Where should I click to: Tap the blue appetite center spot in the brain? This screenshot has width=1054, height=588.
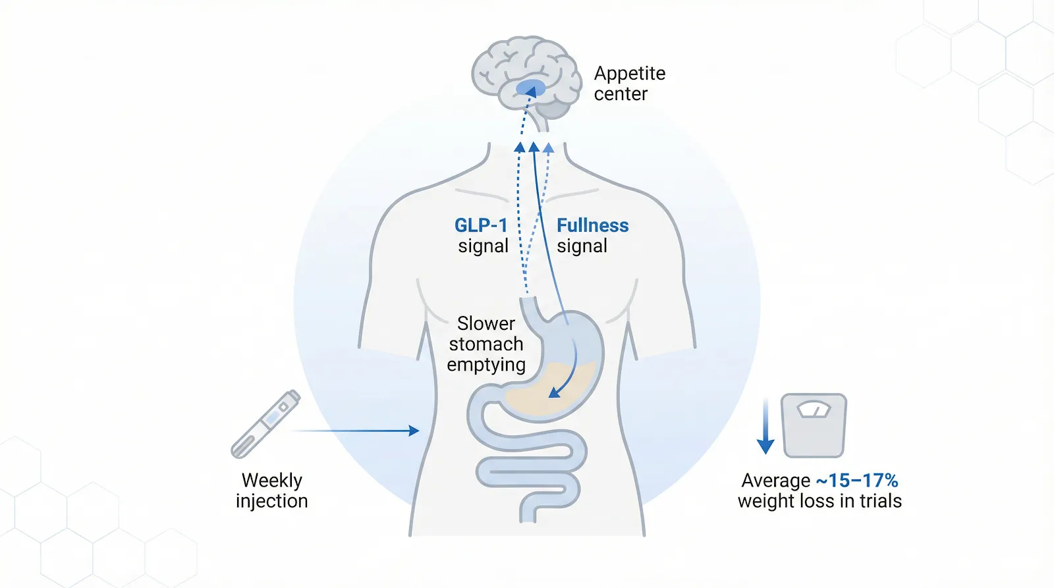pos(530,88)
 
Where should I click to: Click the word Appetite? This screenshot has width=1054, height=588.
pos(629,73)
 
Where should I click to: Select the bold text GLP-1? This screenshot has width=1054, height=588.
pos(481,225)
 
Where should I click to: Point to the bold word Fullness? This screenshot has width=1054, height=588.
pos(592,225)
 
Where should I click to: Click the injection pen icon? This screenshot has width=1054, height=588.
pos(265,424)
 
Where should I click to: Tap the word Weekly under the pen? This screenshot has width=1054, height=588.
pos(271,480)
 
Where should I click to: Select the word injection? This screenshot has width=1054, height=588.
pos(271,501)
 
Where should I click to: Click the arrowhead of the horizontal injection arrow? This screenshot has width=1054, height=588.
pos(414,431)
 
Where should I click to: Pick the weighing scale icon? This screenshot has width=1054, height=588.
pos(814,425)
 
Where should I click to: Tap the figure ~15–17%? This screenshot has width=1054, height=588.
pos(856,480)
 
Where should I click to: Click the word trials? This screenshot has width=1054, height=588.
pos(879,501)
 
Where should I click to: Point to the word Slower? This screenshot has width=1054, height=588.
pos(485,323)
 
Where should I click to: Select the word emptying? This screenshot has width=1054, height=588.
pos(485,365)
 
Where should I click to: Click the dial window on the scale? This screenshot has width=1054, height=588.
pos(814,410)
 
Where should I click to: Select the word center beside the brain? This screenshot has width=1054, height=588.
pos(621,94)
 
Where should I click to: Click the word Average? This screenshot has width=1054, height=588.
pos(775,480)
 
